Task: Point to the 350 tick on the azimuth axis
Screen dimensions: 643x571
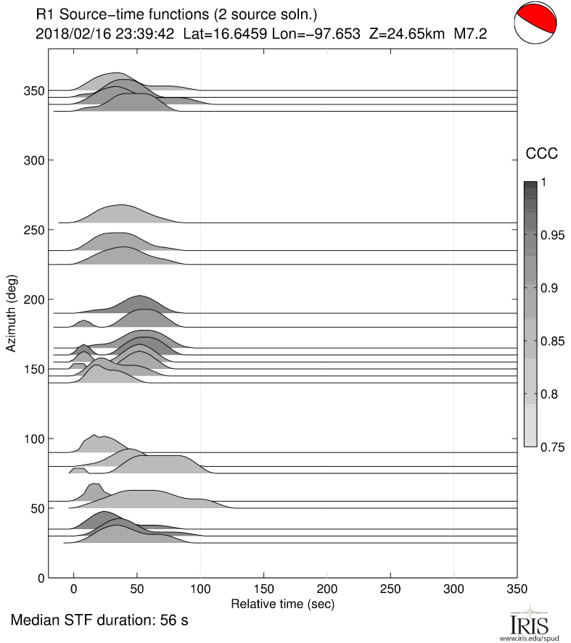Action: click(33, 91)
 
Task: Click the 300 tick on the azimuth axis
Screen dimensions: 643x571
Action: click(33, 160)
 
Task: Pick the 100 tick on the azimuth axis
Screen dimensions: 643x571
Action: click(33, 439)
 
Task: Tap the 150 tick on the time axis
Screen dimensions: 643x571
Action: click(264, 589)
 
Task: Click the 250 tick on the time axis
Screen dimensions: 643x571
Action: click(390, 589)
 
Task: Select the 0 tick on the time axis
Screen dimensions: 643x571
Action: click(73, 589)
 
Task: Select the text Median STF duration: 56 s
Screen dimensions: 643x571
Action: click(99, 621)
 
